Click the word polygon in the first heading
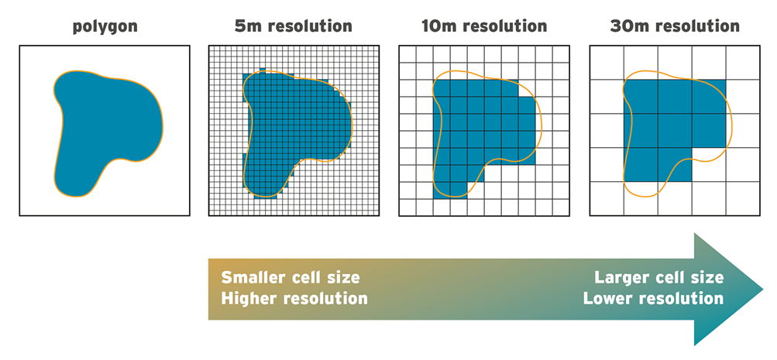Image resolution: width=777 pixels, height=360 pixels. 105,27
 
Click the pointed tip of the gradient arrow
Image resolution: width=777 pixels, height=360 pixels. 762,290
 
